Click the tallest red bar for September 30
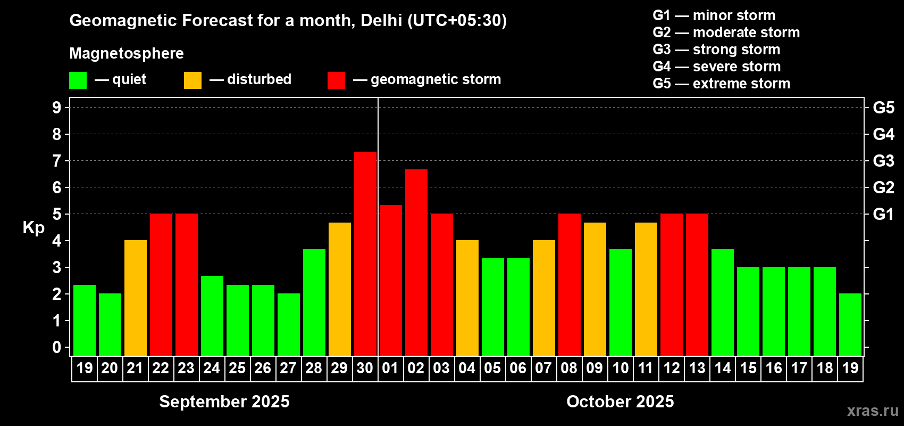click(x=365, y=253)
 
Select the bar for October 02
click(x=416, y=262)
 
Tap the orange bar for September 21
click(x=136, y=298)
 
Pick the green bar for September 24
click(x=212, y=315)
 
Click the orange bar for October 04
click(x=467, y=298)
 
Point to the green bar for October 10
click(x=621, y=302)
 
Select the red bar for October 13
click(x=697, y=284)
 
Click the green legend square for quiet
click(x=78, y=80)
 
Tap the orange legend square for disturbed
click(x=192, y=80)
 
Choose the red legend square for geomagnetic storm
click(x=336, y=80)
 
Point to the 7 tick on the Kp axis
click(x=57, y=161)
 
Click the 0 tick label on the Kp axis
click(x=57, y=348)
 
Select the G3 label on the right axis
click(x=883, y=161)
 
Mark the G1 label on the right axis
click(x=883, y=214)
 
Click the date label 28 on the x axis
click(x=314, y=368)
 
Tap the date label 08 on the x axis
click(x=569, y=368)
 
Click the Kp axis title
click(x=34, y=228)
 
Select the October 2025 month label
click(x=620, y=402)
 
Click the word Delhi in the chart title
click(x=381, y=20)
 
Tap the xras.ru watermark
click(x=873, y=411)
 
